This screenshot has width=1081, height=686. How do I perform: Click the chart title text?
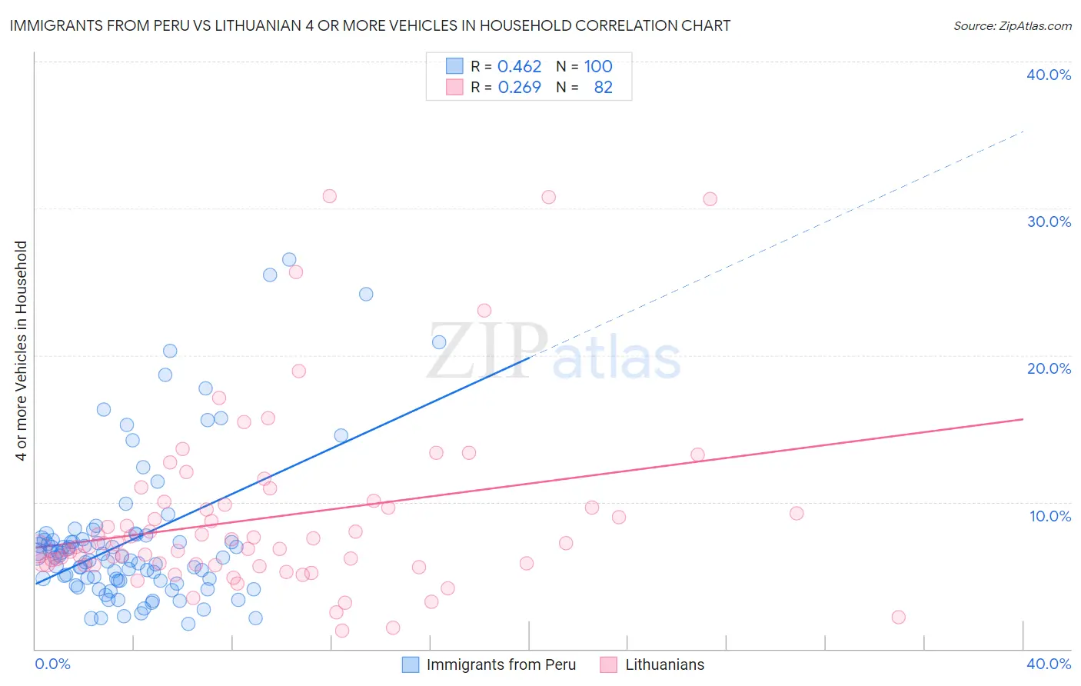pyautogui.click(x=369, y=25)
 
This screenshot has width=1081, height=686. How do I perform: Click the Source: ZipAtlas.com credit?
pyautogui.click(x=1012, y=25)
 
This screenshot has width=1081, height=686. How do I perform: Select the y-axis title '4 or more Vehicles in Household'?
pyautogui.click(x=21, y=351)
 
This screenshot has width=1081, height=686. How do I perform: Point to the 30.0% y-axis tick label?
pyautogui.click(x=1049, y=221)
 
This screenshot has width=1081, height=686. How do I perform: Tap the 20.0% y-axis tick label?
pyautogui.click(x=1049, y=368)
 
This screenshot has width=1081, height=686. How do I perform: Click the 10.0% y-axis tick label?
pyautogui.click(x=1050, y=516)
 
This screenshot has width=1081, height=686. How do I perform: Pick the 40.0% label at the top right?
pyautogui.click(x=1049, y=75)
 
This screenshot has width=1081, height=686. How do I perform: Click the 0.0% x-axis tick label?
pyautogui.click(x=52, y=664)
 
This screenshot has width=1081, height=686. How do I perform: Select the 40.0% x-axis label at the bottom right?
pyautogui.click(x=1049, y=664)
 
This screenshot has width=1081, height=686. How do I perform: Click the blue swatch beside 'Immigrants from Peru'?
pyautogui.click(x=411, y=664)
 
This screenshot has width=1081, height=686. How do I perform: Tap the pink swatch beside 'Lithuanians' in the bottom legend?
pyautogui.click(x=609, y=664)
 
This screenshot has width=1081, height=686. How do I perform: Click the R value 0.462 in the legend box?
pyautogui.click(x=519, y=67)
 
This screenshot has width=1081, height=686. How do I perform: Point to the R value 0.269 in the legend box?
pyautogui.click(x=519, y=88)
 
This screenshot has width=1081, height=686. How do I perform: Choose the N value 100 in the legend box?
pyautogui.click(x=598, y=67)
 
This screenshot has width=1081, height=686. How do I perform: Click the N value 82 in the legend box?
pyautogui.click(x=603, y=88)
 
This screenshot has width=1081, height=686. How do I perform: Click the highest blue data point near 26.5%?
pyautogui.click(x=289, y=260)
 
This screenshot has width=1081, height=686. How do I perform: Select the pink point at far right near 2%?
pyautogui.click(x=898, y=617)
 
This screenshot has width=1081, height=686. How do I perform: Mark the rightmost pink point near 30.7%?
pyautogui.click(x=710, y=199)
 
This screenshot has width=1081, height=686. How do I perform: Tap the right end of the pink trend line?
pyautogui.click(x=1023, y=419)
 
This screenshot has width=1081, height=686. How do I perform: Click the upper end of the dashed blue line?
pyautogui.click(x=1023, y=132)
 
